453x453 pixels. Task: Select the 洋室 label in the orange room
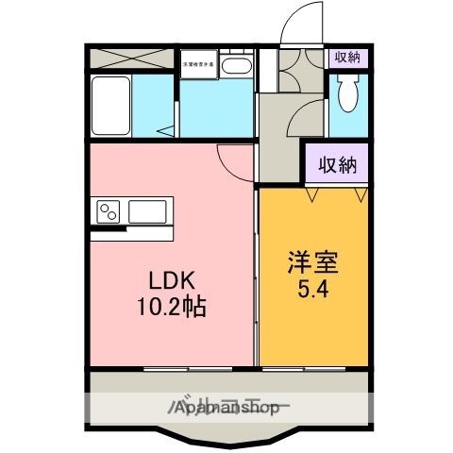click(x=310, y=261)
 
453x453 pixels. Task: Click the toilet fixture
click(x=348, y=95)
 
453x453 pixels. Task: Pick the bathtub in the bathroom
click(x=111, y=109)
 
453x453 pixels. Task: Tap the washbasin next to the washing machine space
click(x=238, y=67)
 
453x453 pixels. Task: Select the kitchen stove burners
click(x=106, y=209)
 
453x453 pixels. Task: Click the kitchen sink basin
click(x=147, y=210)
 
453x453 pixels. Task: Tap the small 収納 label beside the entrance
click(x=347, y=58)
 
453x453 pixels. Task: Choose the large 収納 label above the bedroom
click(x=336, y=166)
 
